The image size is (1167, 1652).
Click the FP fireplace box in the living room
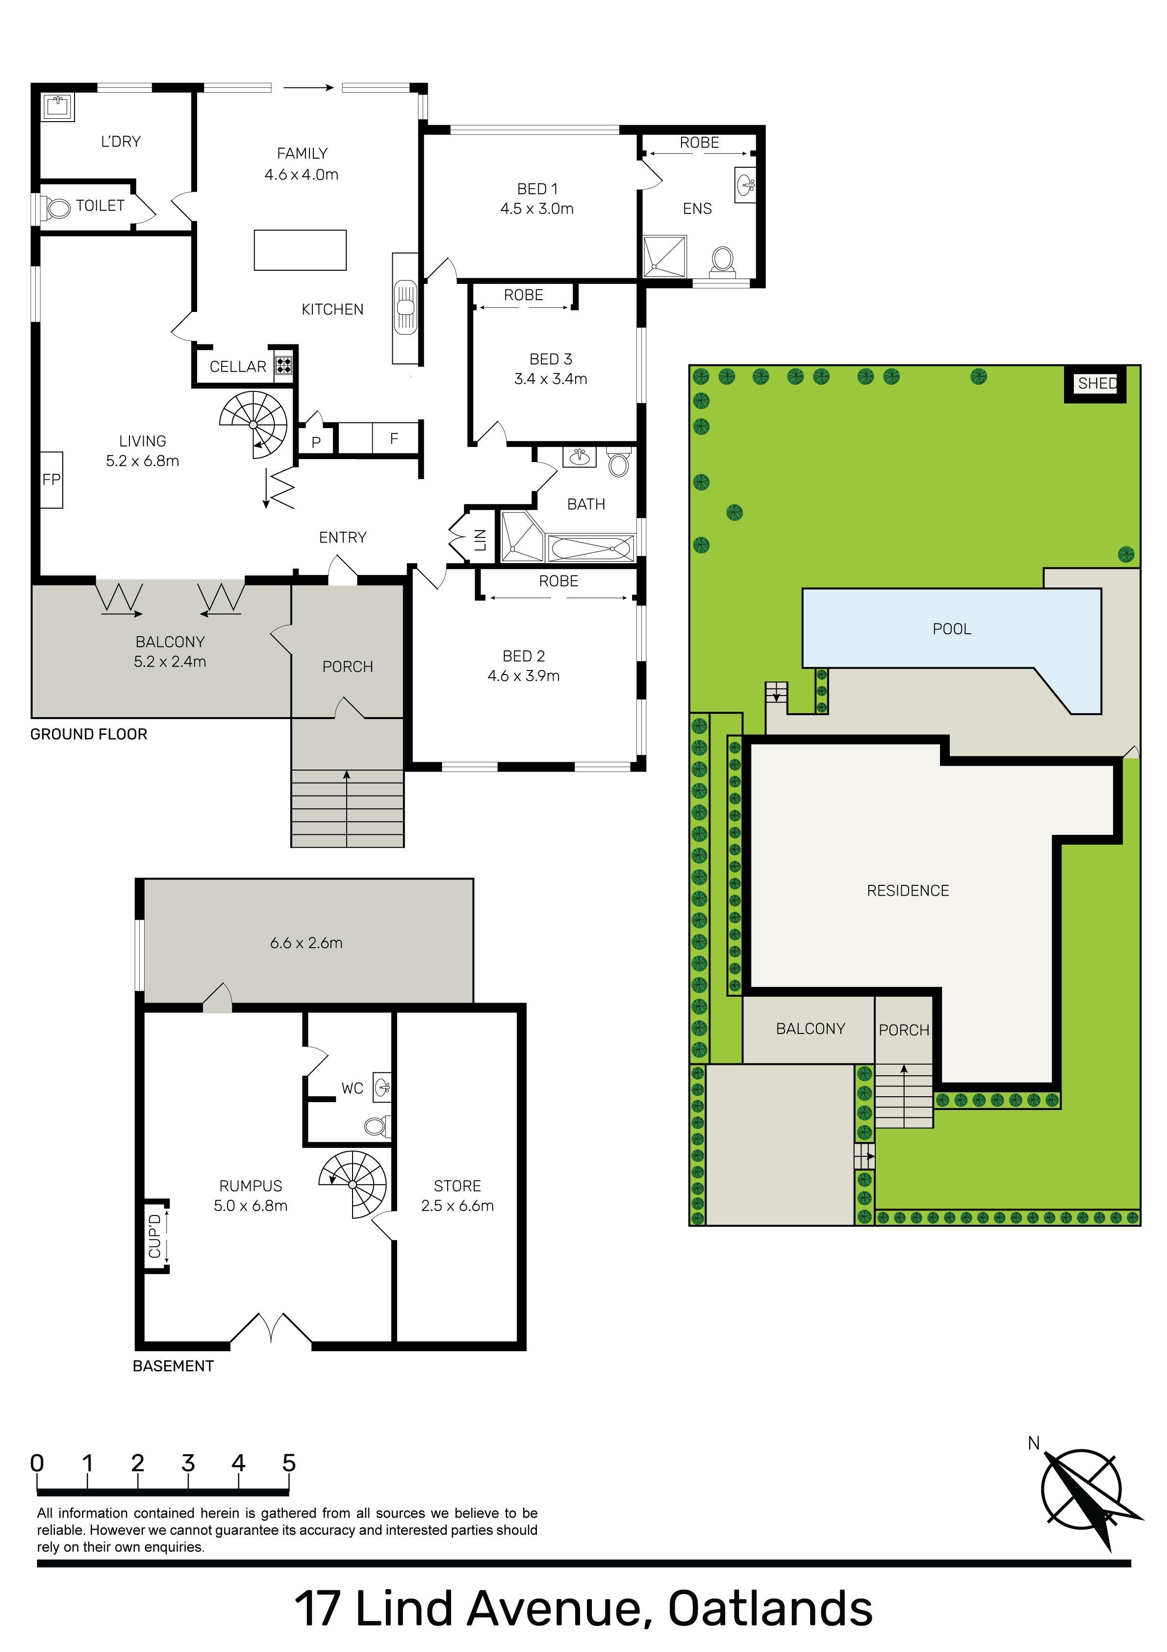point(51,479)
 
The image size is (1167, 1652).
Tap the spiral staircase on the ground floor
point(253,424)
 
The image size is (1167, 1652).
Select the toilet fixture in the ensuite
point(722,262)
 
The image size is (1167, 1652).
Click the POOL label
point(952,629)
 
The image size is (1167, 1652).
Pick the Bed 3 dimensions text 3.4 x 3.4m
point(551,379)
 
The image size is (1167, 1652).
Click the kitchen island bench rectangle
point(300,250)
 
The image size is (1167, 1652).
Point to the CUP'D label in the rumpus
point(154,1236)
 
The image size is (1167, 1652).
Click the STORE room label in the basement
point(457,1186)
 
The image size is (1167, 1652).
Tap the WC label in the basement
point(353,1088)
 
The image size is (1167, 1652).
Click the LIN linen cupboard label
point(481,540)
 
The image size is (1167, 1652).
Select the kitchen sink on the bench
point(405,307)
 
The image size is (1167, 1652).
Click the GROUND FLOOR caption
point(88,734)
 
